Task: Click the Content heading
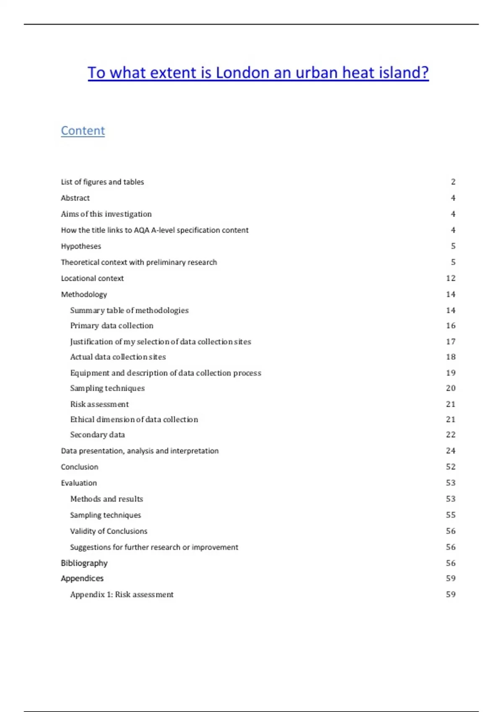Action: pyautogui.click(x=83, y=131)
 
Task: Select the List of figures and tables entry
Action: pyautogui.click(x=102, y=182)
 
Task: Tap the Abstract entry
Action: pyautogui.click(x=75, y=198)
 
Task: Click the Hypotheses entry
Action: pyautogui.click(x=81, y=246)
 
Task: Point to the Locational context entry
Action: pyautogui.click(x=92, y=278)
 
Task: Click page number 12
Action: pyautogui.click(x=451, y=278)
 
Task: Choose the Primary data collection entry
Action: pyautogui.click(x=111, y=325)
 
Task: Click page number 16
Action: pyautogui.click(x=451, y=325)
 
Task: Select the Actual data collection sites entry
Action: pyautogui.click(x=118, y=357)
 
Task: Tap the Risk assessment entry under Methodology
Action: pyautogui.click(x=99, y=404)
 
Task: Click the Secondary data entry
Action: pyautogui.click(x=97, y=435)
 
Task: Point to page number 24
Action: pyautogui.click(x=451, y=451)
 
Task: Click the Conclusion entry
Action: pyautogui.click(x=79, y=467)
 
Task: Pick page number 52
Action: pyautogui.click(x=451, y=467)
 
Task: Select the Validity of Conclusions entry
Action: pyautogui.click(x=109, y=531)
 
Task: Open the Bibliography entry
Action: pyautogui.click(x=84, y=563)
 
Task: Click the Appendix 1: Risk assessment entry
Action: pyautogui.click(x=122, y=594)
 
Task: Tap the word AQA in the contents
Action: pyautogui.click(x=141, y=230)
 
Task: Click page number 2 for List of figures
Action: pyautogui.click(x=453, y=182)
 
